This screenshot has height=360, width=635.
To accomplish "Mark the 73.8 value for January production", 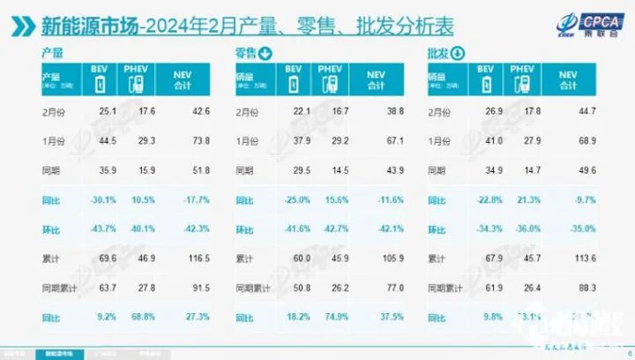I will coord(183,140).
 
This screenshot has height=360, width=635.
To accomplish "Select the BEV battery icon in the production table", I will coord(99,84).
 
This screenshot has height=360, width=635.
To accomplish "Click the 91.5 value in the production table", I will coord(183,287).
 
